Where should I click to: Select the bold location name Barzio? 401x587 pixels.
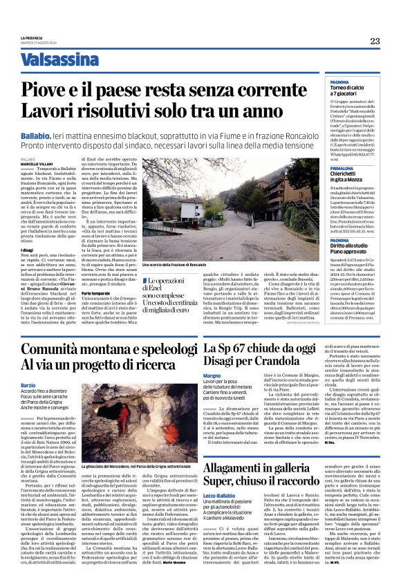coord(28,384)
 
